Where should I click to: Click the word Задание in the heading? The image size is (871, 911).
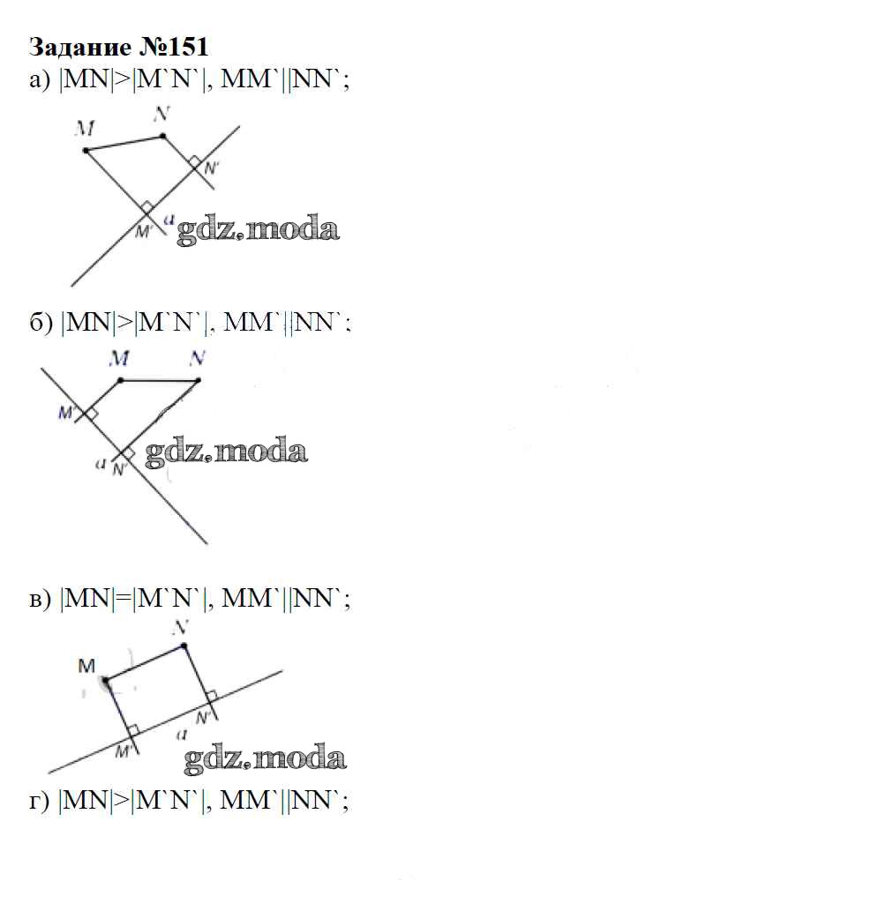coord(80,47)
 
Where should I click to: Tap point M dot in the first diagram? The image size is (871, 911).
coord(86,151)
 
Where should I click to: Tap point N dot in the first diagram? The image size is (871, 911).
coord(163,136)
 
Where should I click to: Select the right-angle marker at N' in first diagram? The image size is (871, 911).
coord(195,161)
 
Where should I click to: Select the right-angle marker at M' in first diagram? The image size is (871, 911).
coord(147,207)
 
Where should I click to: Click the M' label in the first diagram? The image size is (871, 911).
coord(143,232)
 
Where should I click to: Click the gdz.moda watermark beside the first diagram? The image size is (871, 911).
coord(258,229)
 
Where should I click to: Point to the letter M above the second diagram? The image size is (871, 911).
coord(119,358)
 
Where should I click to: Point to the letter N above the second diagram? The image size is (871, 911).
coord(198,358)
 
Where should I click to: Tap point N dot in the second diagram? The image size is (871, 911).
coord(199,381)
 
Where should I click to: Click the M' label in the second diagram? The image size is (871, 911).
coord(66,413)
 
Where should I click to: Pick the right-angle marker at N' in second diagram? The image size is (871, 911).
coord(128,452)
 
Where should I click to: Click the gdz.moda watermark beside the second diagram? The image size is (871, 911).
coord(226,452)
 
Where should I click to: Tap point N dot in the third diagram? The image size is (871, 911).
coord(184,645)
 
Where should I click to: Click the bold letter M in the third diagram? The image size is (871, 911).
coord(86,666)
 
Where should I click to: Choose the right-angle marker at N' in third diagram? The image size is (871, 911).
coord(212,696)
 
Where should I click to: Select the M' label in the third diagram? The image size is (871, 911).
coord(123,751)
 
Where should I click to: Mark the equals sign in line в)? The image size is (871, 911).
coord(123,599)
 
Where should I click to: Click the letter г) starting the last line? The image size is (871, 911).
coord(40,802)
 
